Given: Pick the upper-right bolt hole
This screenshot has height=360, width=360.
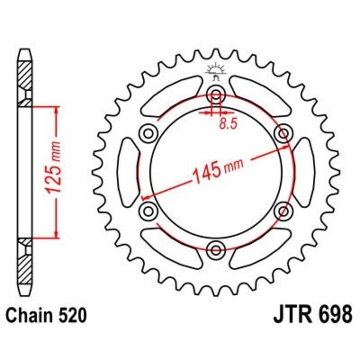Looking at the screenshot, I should click(x=283, y=133).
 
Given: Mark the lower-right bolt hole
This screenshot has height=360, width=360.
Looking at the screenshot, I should click(x=283, y=210).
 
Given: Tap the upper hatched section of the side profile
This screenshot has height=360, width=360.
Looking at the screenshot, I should click(x=25, y=74).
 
